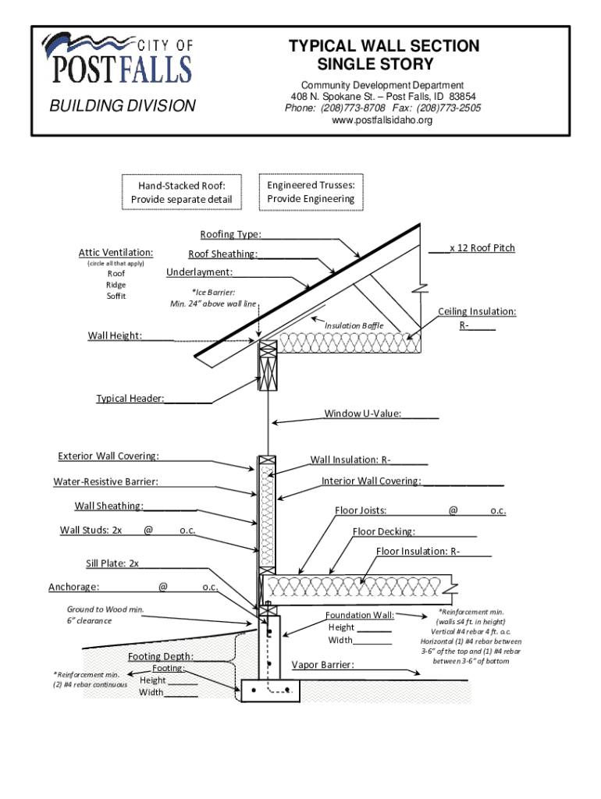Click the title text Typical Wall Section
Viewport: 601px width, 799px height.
point(384,46)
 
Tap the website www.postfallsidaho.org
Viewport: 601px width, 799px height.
point(382,120)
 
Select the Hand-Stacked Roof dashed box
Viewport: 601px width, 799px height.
point(182,193)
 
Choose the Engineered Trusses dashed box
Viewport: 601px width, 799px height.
point(311,192)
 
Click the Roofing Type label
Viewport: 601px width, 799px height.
point(230,234)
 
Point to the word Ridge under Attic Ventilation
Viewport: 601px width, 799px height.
point(116,285)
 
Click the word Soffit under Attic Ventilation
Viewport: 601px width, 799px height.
point(116,296)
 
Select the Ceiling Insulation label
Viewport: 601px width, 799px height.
point(476,311)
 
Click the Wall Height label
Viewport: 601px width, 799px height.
point(115,336)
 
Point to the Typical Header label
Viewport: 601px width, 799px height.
point(130,399)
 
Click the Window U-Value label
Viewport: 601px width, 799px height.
point(363,414)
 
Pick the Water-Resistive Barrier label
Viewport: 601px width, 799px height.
point(105,482)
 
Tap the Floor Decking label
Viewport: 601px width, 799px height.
point(383,532)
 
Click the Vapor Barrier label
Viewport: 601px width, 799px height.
point(322,665)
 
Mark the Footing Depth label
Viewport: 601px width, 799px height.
point(161,656)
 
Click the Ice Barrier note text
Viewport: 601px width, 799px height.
point(213,297)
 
